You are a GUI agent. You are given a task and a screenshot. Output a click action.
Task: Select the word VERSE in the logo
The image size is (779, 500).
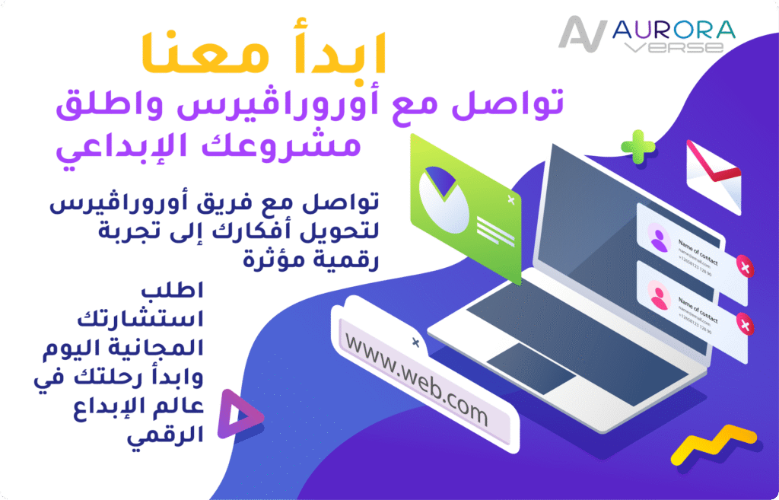click(674, 48)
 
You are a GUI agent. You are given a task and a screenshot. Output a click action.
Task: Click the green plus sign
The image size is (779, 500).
click(638, 145)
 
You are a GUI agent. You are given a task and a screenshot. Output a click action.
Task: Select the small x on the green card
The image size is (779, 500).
click(510, 199)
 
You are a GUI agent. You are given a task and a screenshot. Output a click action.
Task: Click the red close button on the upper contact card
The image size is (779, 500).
click(746, 268)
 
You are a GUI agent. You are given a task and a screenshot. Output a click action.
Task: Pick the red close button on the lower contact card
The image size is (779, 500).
click(746, 326)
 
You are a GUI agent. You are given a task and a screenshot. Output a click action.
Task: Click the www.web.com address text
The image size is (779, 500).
click(416, 380)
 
